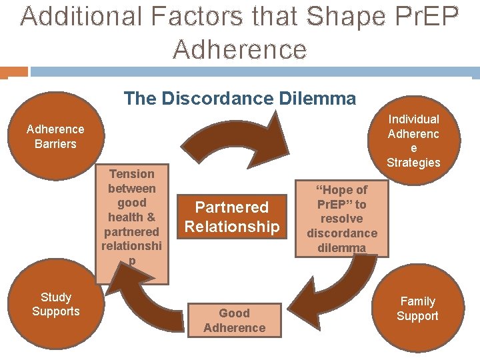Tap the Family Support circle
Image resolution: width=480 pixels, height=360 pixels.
pyautogui.click(x=417, y=309)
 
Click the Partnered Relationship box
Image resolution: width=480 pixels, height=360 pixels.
pyautogui.click(x=232, y=217)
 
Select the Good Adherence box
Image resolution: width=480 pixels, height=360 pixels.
pyautogui.click(x=234, y=321)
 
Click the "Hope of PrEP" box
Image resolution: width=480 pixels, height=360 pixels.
pyautogui.click(x=342, y=218)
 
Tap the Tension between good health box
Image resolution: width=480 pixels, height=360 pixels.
pyautogui.click(x=131, y=217)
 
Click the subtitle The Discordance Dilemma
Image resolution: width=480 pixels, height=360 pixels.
pyautogui.click(x=240, y=99)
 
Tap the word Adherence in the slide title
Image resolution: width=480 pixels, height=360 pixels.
pyautogui.click(x=240, y=49)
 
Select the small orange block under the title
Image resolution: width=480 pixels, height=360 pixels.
pyautogui.click(x=14, y=71)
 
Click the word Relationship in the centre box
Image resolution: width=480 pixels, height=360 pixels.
pyautogui.click(x=232, y=227)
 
